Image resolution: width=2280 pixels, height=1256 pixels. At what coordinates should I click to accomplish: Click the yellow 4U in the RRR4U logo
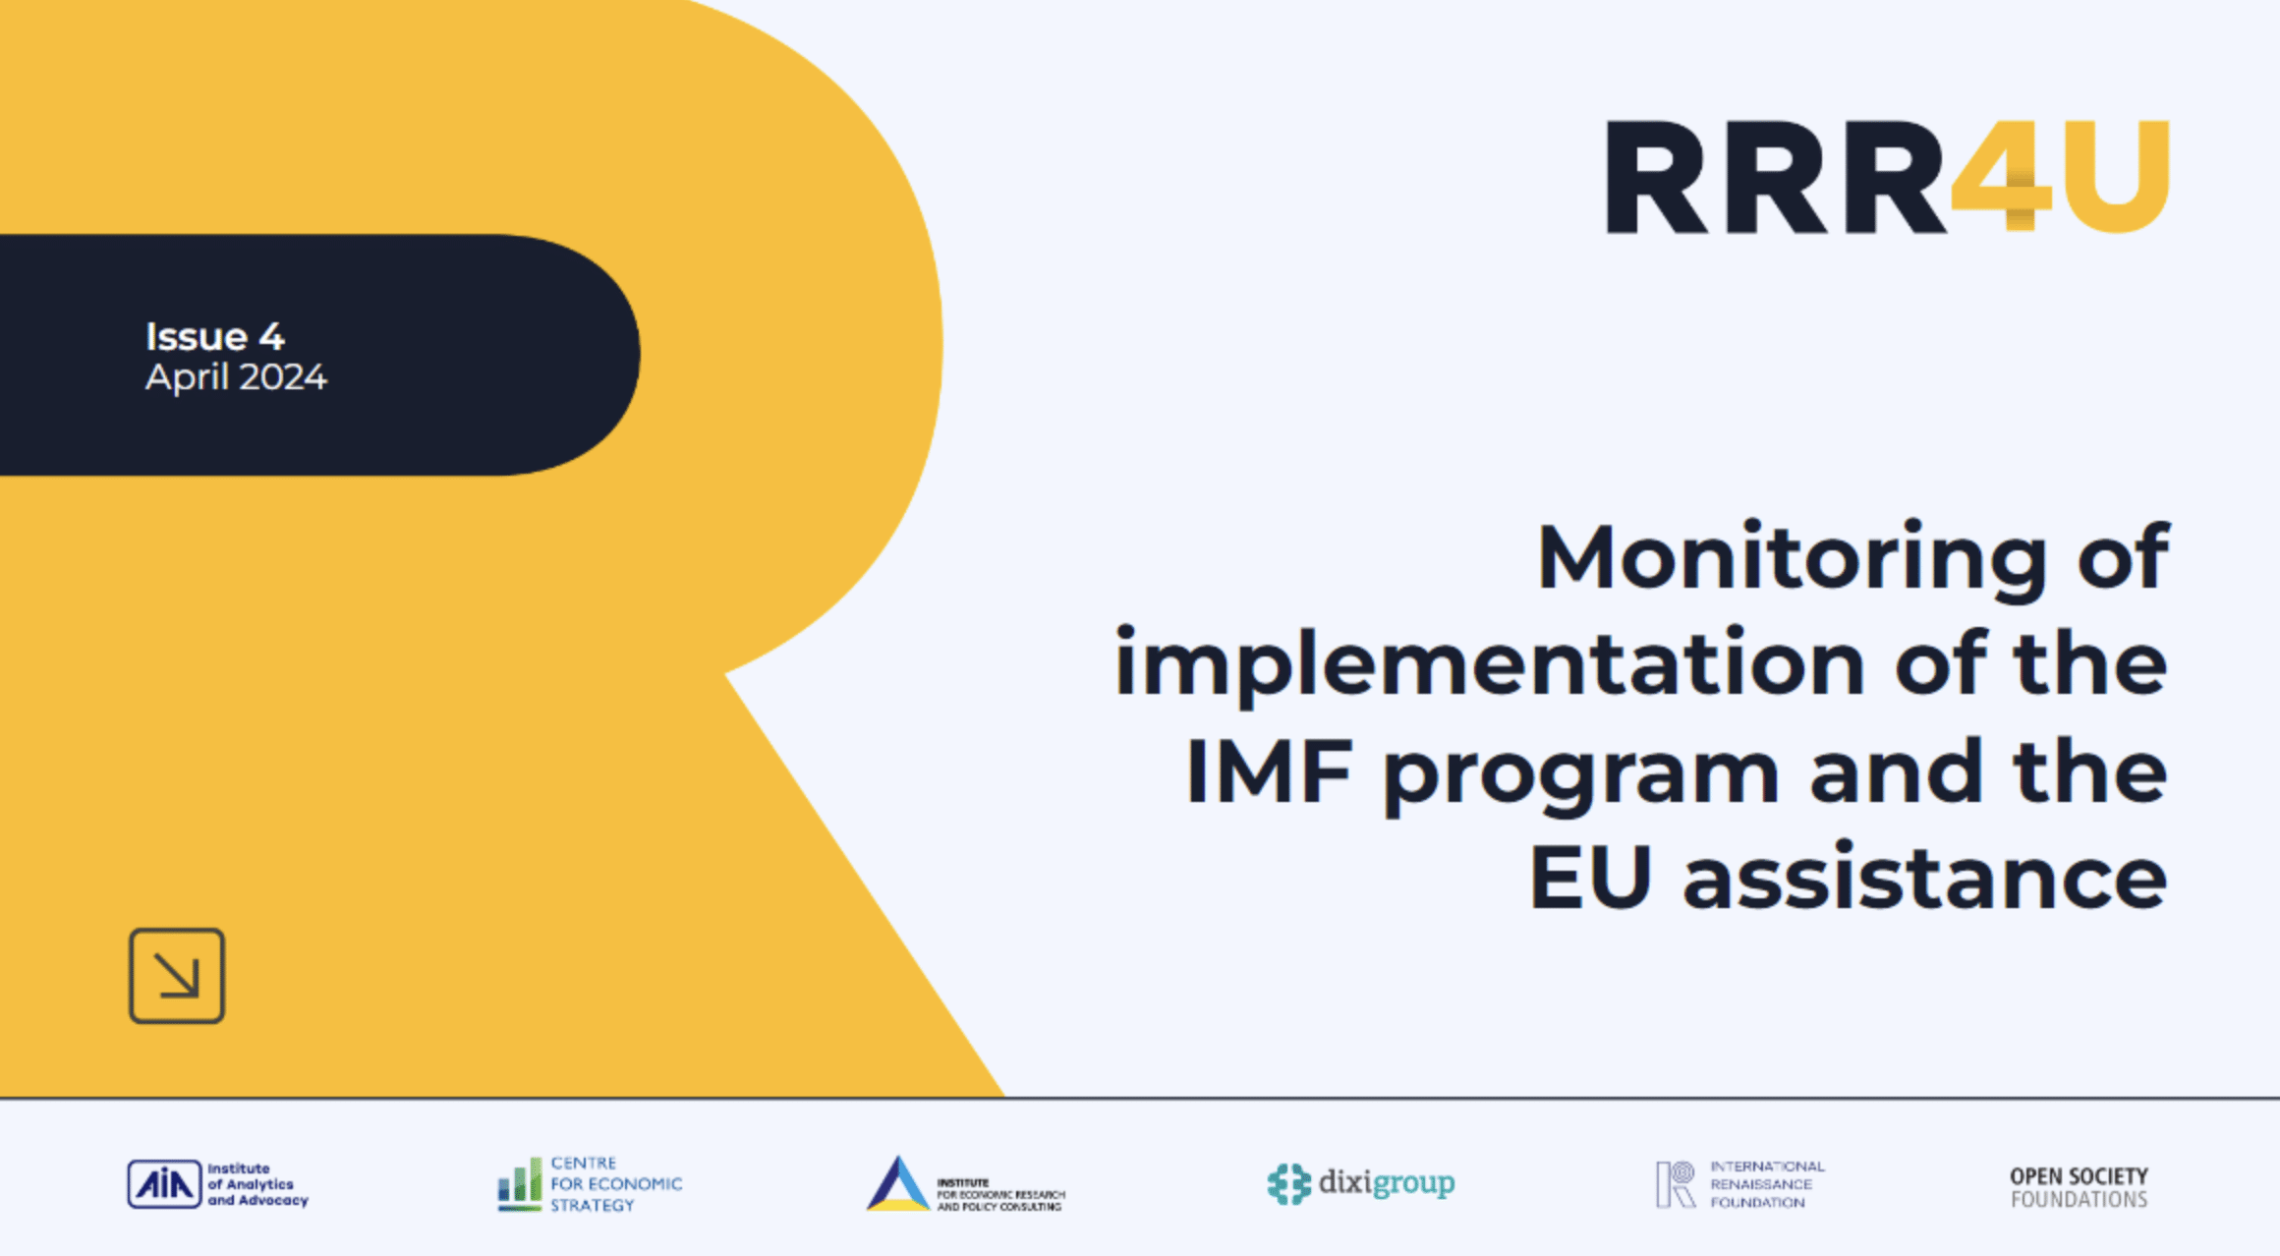coord(2060,177)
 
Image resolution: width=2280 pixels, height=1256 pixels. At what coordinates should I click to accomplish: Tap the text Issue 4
coord(215,337)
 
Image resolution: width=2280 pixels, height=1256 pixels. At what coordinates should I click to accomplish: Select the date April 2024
coord(236,377)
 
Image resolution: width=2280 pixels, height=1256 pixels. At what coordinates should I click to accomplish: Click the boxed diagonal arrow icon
coord(177,976)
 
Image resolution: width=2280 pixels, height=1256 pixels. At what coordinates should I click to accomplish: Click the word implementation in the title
coord(1490,666)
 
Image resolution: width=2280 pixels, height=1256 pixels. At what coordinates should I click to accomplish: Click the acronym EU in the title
coord(1590,878)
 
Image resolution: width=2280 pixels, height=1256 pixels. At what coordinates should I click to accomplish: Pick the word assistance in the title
coord(1925,875)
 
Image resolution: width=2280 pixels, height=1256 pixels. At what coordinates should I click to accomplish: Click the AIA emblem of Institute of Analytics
coord(164,1184)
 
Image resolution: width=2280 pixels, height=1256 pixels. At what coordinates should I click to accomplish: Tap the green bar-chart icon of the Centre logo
coord(520,1184)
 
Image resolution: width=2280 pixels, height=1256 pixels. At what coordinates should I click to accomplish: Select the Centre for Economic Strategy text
coord(616,1184)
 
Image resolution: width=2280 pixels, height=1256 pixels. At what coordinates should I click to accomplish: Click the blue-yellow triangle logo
coord(897,1184)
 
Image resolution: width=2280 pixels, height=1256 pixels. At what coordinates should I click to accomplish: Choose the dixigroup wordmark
coord(1387,1183)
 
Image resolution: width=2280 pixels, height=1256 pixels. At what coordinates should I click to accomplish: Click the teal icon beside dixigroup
coord(1289,1184)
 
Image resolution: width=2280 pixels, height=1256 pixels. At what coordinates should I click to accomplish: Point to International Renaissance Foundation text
coord(1767,1184)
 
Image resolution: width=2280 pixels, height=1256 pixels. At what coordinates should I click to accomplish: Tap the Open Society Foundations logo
coord(2079,1187)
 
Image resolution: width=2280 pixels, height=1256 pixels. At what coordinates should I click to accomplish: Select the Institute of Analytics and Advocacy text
coord(257,1184)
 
